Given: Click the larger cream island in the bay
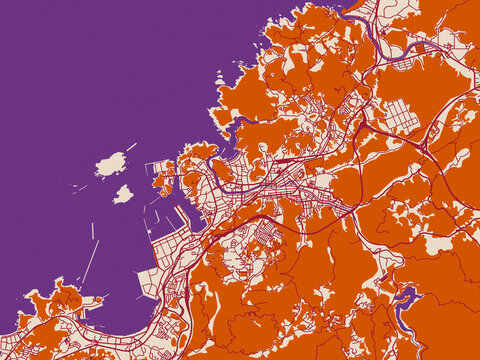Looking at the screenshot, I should click(x=110, y=163).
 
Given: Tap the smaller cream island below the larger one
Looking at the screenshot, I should click(x=123, y=194).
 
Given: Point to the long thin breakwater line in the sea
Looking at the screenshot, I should click(x=90, y=262).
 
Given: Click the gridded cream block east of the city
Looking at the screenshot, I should click(x=396, y=117).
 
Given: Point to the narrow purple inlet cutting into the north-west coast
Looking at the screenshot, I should click(x=240, y=124).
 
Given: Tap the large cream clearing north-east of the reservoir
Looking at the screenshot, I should click(x=437, y=243).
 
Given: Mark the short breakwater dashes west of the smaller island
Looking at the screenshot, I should click(x=80, y=187).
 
